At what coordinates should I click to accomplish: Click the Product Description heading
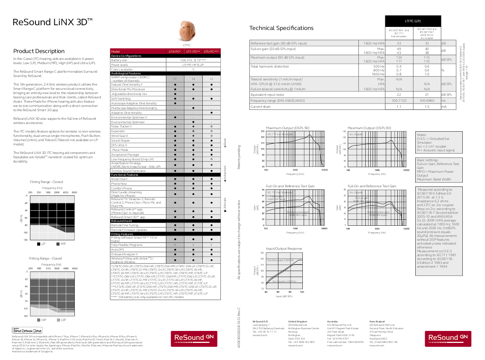click(x=39, y=51)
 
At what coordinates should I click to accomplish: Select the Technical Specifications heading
click(x=281, y=28)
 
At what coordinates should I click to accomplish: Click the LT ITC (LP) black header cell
click(x=413, y=21)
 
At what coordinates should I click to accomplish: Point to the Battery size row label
click(x=119, y=60)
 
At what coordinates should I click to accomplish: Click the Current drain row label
click(x=260, y=106)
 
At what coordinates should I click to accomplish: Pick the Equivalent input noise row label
click(x=267, y=94)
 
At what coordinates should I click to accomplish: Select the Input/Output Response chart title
click(x=284, y=248)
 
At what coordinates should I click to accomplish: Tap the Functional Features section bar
click(x=124, y=174)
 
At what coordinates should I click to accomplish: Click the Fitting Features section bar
click(x=122, y=234)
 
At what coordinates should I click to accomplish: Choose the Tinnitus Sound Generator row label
click(x=128, y=171)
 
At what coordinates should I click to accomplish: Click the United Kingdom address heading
click(x=298, y=321)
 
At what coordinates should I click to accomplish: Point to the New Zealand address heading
click(x=377, y=321)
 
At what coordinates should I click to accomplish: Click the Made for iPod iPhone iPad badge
click(x=27, y=330)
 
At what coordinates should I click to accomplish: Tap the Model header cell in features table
click(x=115, y=51)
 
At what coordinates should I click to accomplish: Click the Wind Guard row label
click(x=119, y=136)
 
